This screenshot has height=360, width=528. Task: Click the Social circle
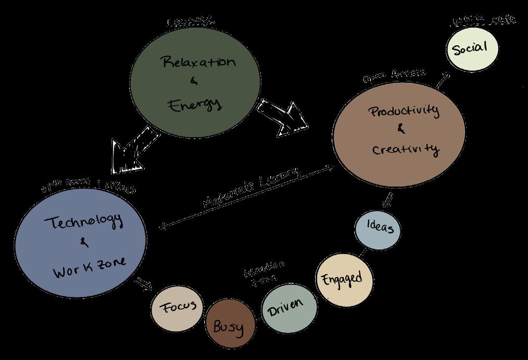(x=472, y=48)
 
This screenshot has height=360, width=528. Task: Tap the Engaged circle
(x=345, y=280)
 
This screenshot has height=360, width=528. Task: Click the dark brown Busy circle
(x=231, y=326)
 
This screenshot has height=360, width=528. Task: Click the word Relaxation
(x=199, y=63)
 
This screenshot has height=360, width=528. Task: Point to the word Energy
(x=195, y=104)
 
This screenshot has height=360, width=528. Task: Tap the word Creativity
(x=406, y=149)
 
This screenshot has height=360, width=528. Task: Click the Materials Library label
(x=252, y=189)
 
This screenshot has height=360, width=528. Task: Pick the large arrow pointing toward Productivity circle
(x=284, y=118)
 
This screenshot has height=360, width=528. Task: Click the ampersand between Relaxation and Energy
(x=194, y=81)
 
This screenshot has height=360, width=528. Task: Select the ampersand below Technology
(x=85, y=242)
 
